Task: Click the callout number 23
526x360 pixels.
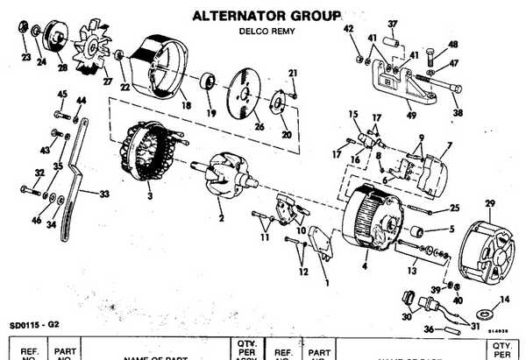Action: [x=25, y=60]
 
